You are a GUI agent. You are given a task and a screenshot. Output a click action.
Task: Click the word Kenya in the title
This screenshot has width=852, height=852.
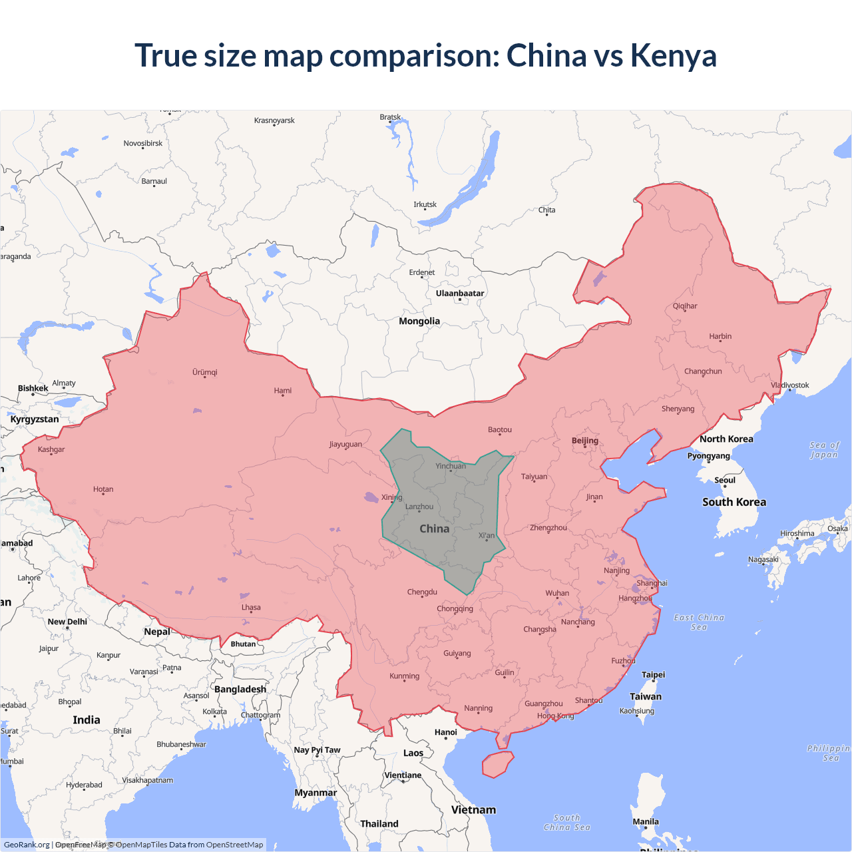tap(673, 56)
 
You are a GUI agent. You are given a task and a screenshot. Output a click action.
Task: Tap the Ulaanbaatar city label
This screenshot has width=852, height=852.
tap(460, 294)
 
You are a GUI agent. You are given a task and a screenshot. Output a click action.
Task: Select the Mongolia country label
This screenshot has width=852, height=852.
tap(419, 321)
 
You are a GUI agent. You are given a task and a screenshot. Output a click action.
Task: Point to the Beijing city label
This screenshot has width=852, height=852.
tap(585, 441)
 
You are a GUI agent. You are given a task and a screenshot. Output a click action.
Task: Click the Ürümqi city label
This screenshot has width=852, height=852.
tap(205, 373)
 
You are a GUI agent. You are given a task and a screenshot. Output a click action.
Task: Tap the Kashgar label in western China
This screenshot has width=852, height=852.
tap(51, 450)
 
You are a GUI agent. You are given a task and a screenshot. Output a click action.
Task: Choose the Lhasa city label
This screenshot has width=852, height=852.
tap(251, 608)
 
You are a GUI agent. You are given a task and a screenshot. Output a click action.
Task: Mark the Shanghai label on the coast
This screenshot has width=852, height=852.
tap(652, 584)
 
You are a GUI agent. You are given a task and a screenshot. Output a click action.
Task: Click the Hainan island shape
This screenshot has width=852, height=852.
tap(497, 764)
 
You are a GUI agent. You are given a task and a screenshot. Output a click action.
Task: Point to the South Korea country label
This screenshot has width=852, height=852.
tap(734, 503)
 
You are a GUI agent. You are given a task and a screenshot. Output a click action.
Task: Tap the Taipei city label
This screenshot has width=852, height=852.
tap(653, 675)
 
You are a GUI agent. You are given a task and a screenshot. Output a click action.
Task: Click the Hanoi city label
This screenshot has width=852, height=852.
tap(446, 733)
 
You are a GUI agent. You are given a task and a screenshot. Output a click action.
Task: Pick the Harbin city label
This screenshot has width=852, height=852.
tap(720, 337)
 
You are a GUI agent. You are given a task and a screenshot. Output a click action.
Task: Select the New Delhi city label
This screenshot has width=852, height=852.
tap(67, 622)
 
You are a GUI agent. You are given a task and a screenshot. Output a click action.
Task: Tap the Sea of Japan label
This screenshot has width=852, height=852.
tap(824, 450)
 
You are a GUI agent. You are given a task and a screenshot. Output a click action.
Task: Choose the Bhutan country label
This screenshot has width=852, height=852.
tap(243, 644)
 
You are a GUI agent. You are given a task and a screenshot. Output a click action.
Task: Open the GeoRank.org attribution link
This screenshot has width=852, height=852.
tap(27, 845)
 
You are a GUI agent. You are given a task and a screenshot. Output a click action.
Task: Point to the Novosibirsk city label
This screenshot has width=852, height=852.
tap(143, 144)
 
